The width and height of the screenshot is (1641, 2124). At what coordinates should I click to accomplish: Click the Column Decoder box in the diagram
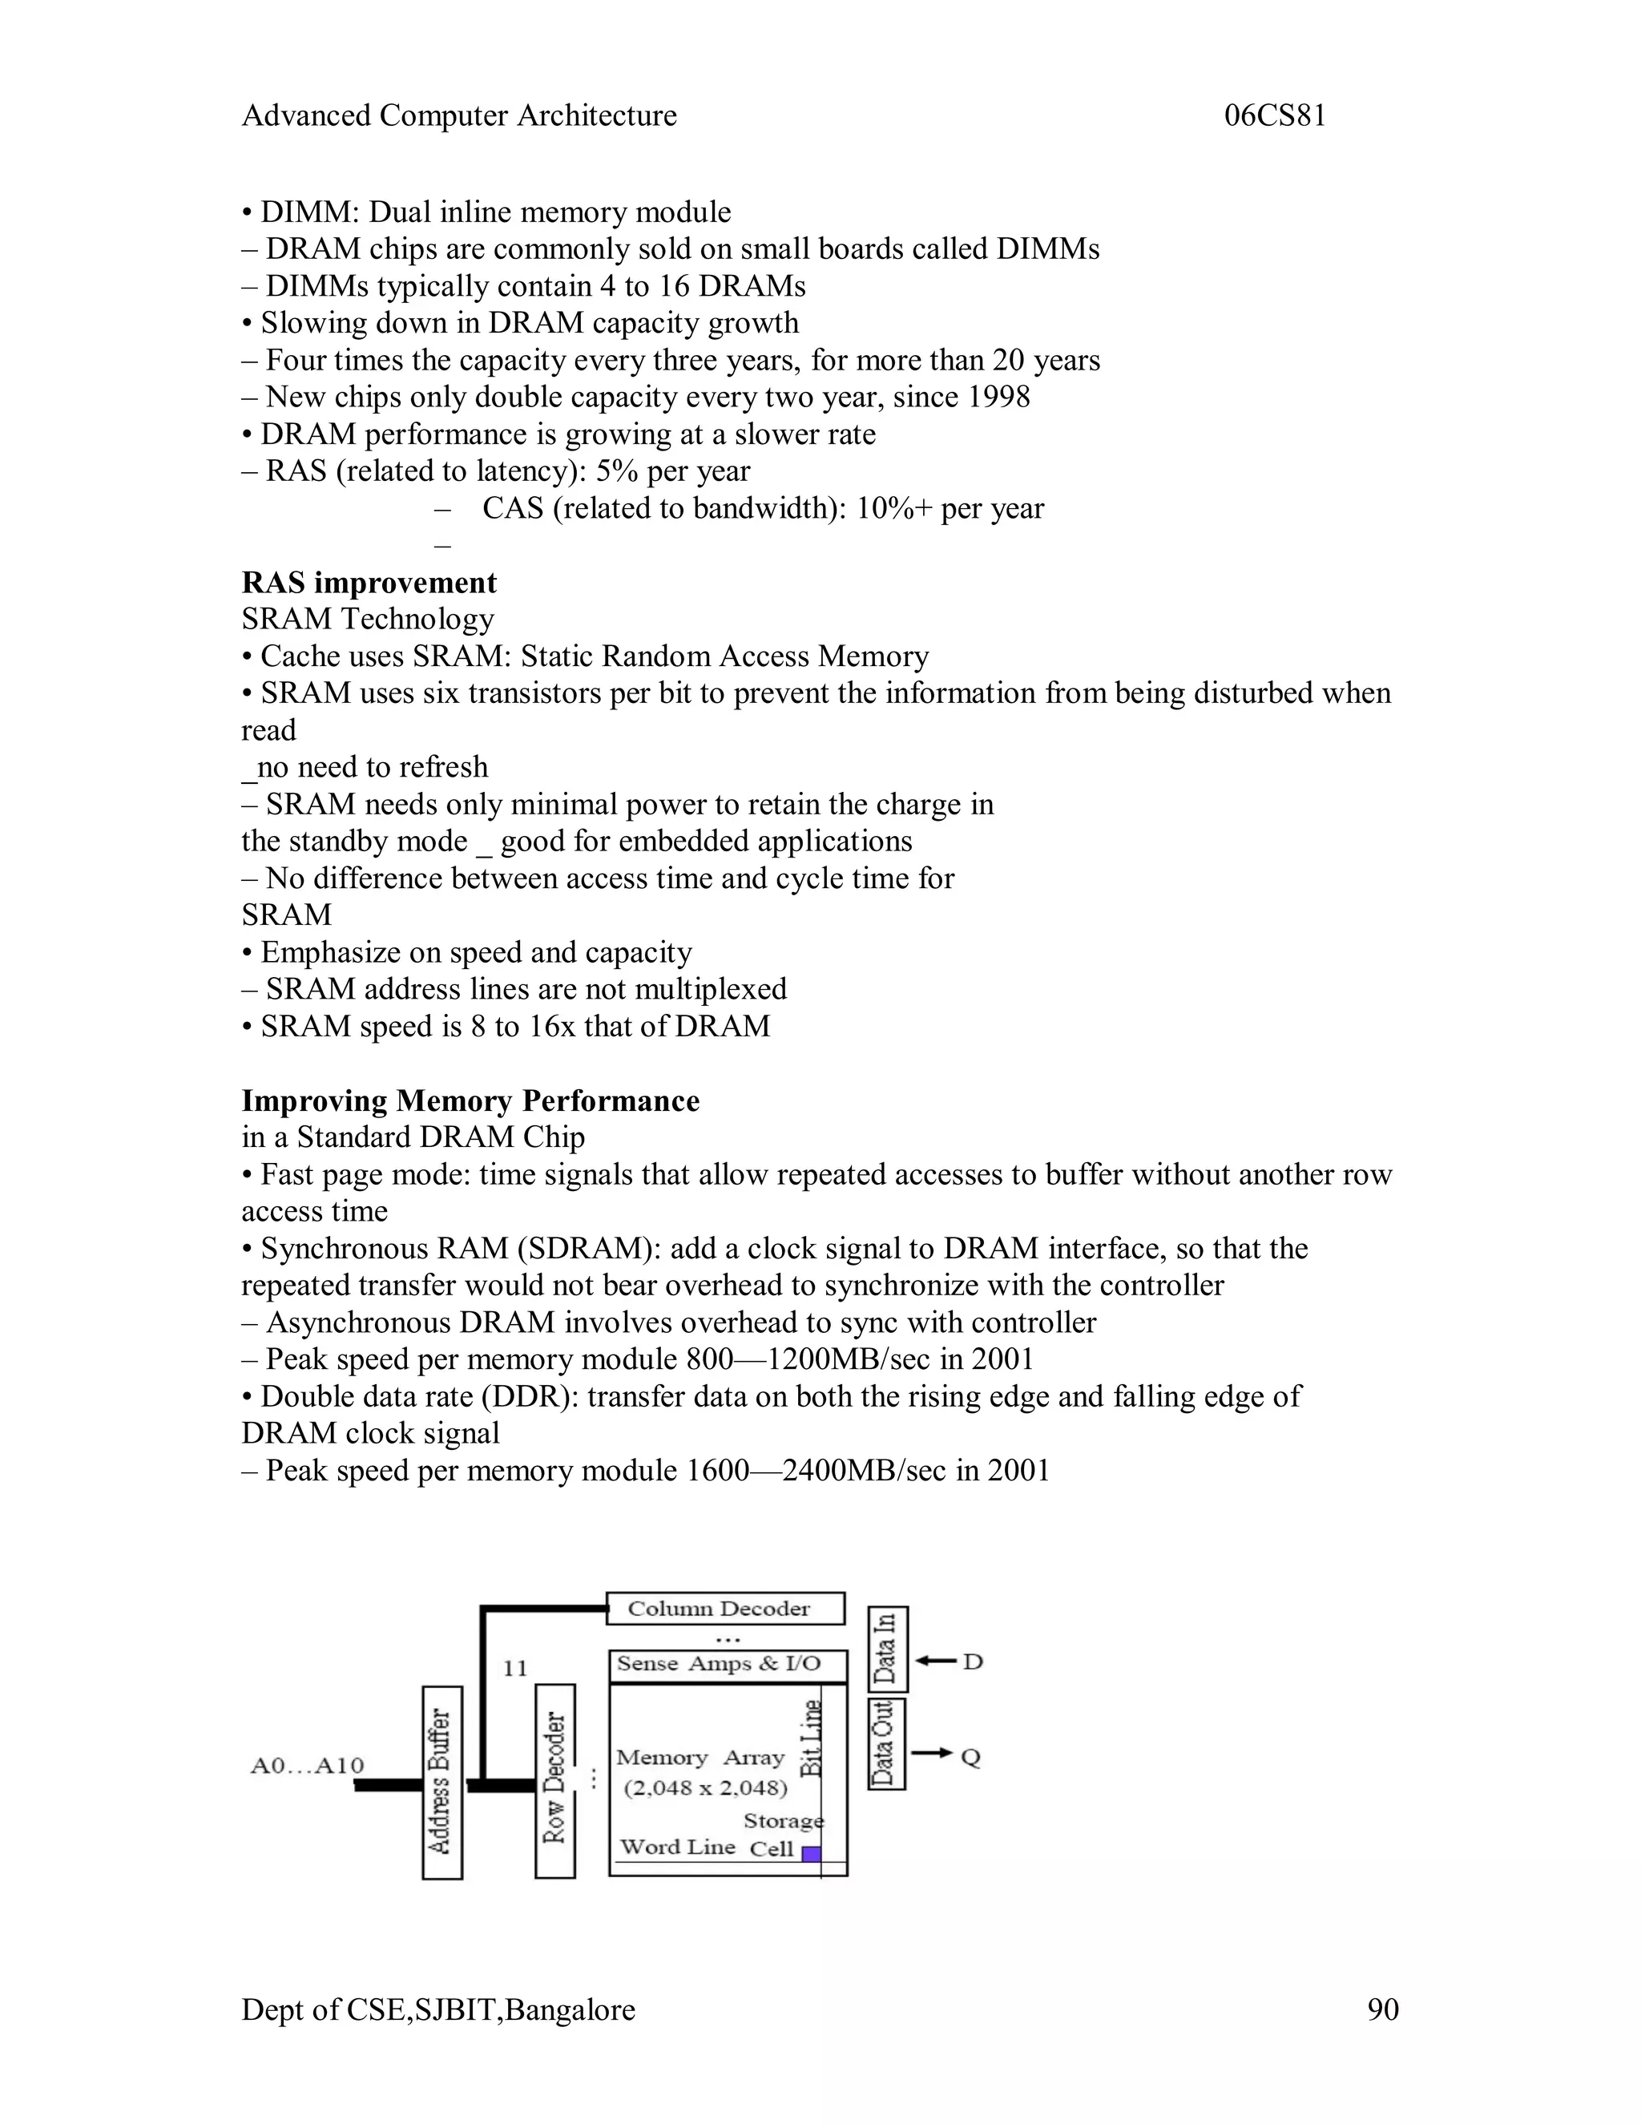[724, 1609]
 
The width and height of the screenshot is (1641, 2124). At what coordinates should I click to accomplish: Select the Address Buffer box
[441, 1783]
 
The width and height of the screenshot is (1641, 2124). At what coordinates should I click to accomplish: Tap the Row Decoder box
[555, 1781]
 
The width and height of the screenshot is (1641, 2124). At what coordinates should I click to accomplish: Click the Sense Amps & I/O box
[728, 1665]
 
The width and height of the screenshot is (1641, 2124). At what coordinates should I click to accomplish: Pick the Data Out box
[885, 1744]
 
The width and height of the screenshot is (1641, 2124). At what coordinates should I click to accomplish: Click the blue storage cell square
[811, 1854]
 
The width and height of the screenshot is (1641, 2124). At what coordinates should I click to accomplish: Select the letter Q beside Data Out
[970, 1758]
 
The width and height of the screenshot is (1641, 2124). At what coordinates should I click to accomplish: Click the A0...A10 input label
[307, 1765]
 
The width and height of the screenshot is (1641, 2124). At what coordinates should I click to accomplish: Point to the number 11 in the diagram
[514, 1669]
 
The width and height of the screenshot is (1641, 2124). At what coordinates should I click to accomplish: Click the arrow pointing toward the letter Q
[933, 1752]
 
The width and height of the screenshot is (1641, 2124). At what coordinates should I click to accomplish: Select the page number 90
[1382, 2010]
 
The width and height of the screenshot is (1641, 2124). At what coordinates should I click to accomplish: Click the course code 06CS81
[1275, 115]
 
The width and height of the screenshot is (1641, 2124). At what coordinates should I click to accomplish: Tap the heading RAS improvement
[369, 583]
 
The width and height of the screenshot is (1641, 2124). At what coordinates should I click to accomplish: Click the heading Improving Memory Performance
[470, 1101]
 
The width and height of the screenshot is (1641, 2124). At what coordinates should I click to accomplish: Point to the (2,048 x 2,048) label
[705, 1788]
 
